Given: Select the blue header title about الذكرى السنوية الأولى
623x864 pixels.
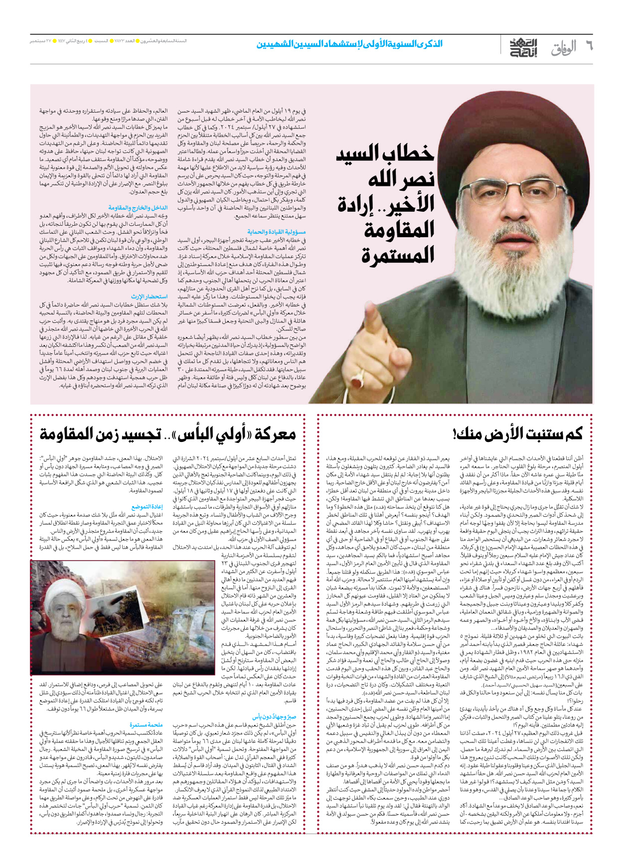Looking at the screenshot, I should (349, 44).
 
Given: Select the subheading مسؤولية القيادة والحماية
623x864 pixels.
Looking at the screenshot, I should (276, 232).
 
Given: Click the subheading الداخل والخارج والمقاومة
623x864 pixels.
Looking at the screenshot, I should (138, 207).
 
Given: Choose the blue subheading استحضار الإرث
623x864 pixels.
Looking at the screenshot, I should (149, 297).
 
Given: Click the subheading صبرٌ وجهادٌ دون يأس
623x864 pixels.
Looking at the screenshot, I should (274, 717).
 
